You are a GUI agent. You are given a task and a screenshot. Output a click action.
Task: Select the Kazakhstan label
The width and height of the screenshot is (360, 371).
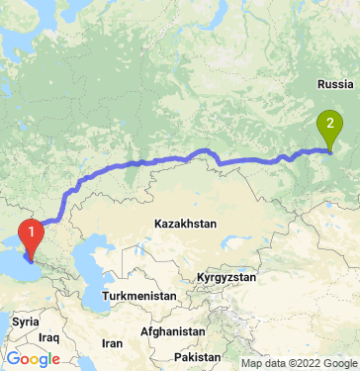click(x=185, y=225)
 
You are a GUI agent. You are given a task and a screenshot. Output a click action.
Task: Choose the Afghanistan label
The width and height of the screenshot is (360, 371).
click(x=174, y=331)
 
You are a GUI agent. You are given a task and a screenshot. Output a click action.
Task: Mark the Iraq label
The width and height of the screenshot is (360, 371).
click(x=50, y=337)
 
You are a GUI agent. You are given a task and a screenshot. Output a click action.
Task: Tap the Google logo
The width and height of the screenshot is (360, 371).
click(x=33, y=358)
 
